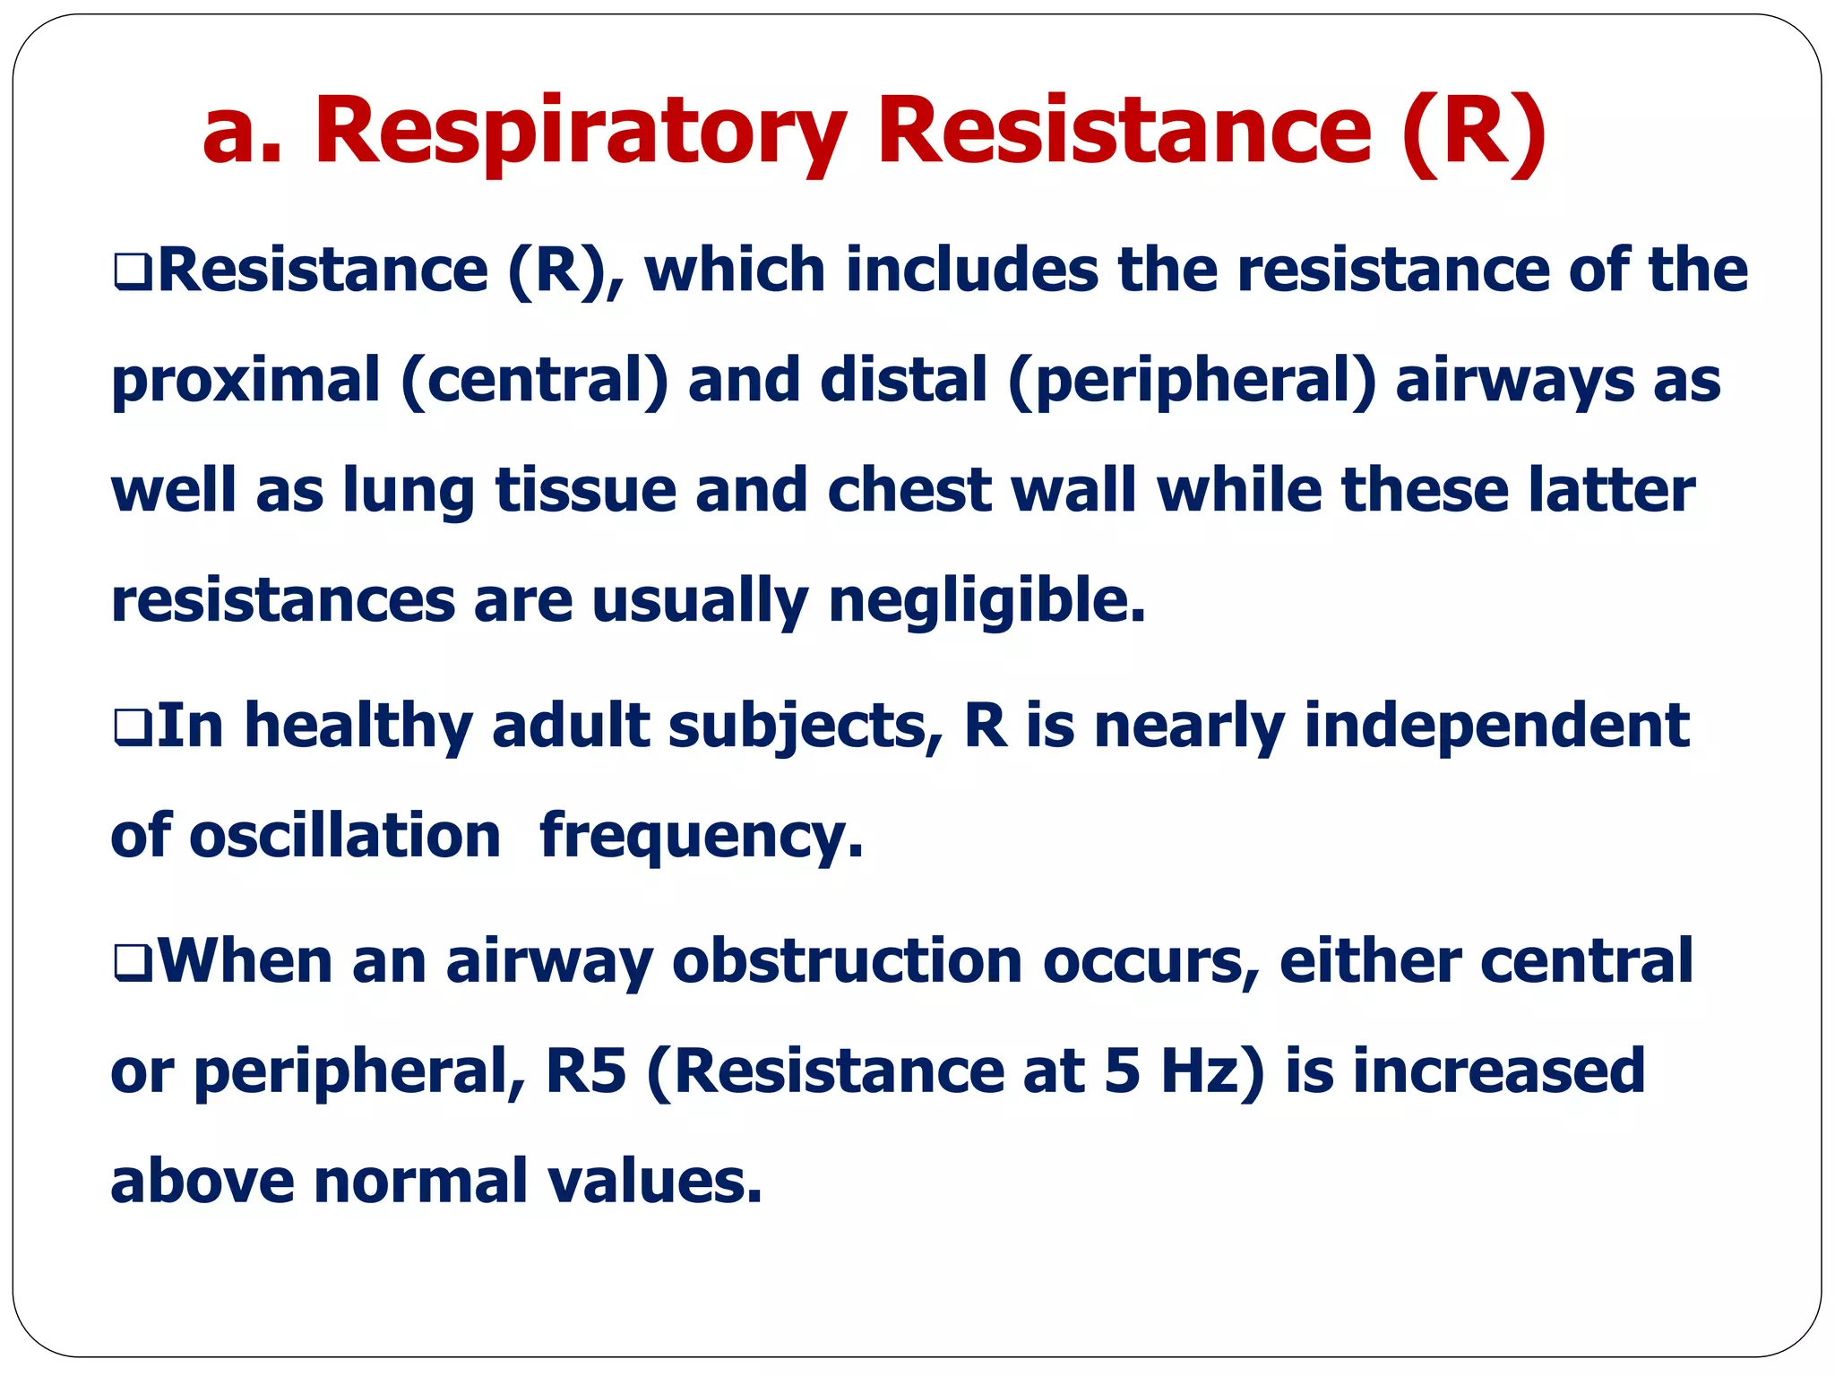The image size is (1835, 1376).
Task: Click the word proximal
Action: point(246,381)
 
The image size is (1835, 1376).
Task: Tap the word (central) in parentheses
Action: point(535,381)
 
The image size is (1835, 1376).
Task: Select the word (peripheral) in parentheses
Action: point(1192,381)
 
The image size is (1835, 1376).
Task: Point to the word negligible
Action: point(986,601)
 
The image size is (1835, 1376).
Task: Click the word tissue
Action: point(586,491)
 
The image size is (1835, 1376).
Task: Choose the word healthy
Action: point(358,726)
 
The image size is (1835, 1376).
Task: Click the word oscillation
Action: point(345,836)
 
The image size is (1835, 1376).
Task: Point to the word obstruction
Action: point(847,961)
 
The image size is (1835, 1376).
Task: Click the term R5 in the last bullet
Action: point(585,1071)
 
